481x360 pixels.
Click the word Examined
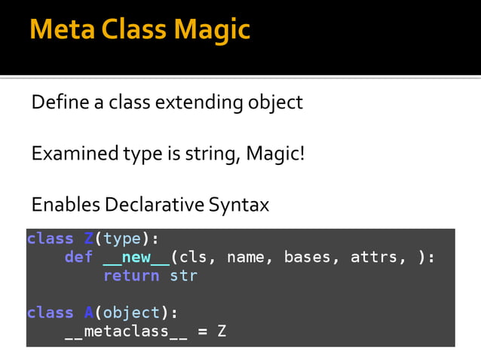click(71, 154)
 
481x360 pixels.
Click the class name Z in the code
click(88, 239)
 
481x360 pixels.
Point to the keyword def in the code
click(78, 258)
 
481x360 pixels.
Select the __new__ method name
click(136, 258)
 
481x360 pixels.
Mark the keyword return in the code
click(131, 276)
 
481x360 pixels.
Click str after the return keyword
click(183, 276)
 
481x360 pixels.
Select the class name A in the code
click(88, 313)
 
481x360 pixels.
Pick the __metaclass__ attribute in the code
click(126, 331)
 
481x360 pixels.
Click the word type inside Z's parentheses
click(122, 239)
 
